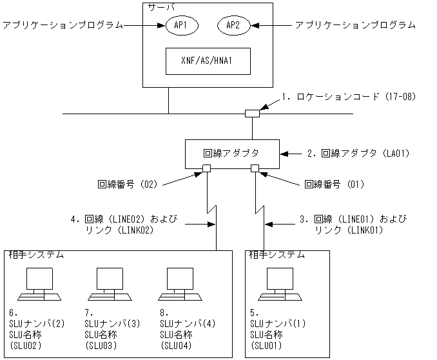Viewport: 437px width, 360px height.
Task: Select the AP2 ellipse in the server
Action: pos(233,26)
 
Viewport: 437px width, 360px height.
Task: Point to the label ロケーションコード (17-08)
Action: pos(349,97)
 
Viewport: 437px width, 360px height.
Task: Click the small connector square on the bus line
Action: pos(252,114)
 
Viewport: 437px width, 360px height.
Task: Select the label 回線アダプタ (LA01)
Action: pos(358,154)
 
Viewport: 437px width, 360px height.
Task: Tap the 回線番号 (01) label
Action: pos(334,184)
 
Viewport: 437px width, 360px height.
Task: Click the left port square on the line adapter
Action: pos(207,169)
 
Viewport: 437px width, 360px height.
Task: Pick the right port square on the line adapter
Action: pos(255,169)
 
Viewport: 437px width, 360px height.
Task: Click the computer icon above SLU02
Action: pos(39,285)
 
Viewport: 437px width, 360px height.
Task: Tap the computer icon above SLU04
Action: pos(181,285)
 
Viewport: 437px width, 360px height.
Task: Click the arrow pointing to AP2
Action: pos(271,26)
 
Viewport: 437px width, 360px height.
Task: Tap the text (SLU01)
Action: pos(265,346)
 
